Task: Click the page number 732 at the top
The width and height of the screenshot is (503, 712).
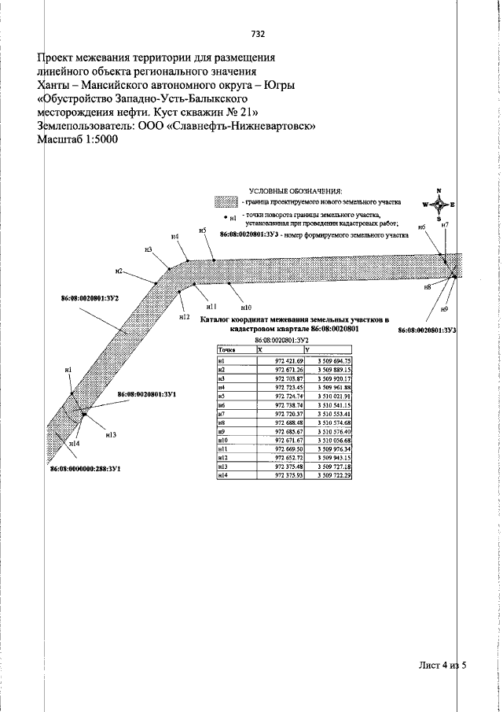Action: [257, 34]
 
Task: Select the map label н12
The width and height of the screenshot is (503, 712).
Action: [185, 316]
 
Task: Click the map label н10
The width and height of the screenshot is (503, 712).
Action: [246, 307]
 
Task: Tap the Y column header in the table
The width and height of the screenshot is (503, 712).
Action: [308, 350]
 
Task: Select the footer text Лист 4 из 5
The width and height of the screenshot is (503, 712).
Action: [442, 666]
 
